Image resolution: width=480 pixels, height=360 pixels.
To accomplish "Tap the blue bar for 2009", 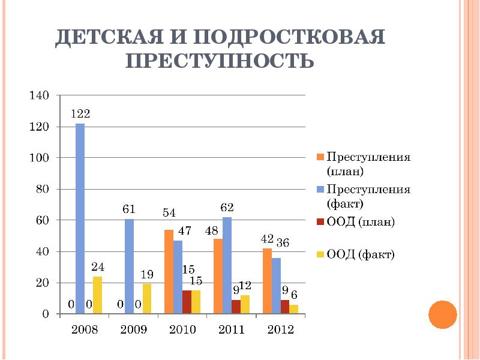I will [x=129, y=265].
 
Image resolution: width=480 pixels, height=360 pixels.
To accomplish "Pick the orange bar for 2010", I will [x=169, y=271].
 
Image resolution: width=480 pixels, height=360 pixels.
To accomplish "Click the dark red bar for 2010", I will [x=187, y=302].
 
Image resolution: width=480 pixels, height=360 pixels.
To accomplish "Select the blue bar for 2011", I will [x=227, y=265].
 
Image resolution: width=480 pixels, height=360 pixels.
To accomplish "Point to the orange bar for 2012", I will [x=267, y=281].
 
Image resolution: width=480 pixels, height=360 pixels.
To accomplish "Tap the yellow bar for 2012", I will [x=293, y=309].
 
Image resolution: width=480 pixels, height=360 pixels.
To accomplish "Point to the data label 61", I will [x=129, y=209].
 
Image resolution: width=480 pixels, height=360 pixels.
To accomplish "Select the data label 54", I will [x=169, y=213].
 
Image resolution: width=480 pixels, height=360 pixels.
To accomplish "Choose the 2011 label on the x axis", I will [x=231, y=330].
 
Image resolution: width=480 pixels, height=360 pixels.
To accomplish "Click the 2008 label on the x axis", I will [x=84, y=330].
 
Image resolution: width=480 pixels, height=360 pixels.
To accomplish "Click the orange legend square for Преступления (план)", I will [x=320, y=158].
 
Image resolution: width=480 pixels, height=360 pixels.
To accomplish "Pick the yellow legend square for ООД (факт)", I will [x=320, y=255].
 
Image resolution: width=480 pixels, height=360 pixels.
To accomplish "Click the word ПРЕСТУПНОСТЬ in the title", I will [x=220, y=61].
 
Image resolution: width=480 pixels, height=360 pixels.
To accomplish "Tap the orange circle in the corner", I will [x=443, y=313].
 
